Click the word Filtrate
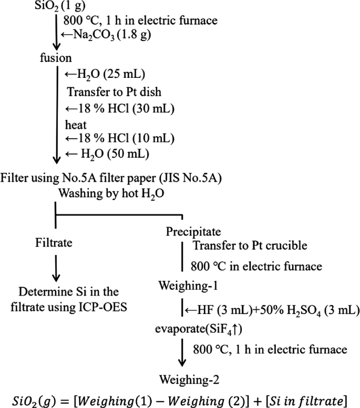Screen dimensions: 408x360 [52, 243]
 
